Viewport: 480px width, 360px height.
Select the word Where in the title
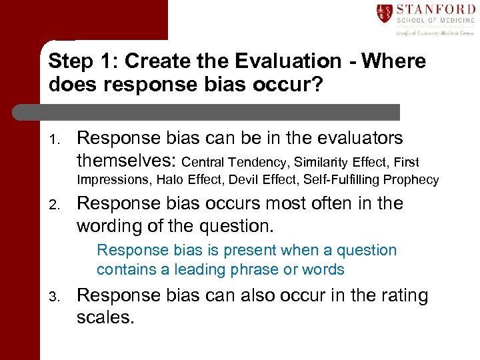[x=393, y=61]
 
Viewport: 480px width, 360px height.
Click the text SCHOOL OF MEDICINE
[x=435, y=22]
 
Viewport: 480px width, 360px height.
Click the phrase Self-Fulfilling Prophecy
[x=371, y=179]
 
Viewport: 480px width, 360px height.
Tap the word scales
[x=105, y=317]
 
